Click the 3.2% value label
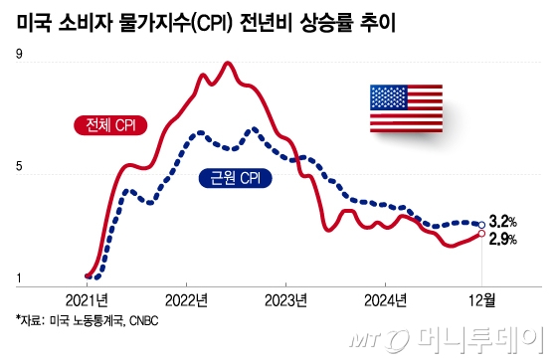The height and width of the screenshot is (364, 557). [x=503, y=223]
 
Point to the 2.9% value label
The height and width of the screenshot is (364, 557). [x=503, y=239]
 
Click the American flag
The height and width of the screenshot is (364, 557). [x=408, y=108]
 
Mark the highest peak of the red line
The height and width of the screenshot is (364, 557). [x=228, y=64]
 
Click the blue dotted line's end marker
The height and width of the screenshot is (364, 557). [x=481, y=225]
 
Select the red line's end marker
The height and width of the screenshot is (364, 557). [x=481, y=234]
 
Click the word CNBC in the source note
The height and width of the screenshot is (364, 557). [x=141, y=321]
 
